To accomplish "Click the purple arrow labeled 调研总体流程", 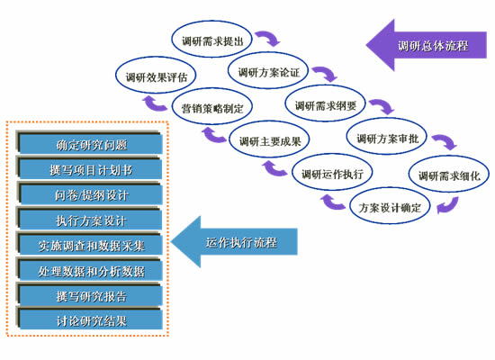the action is (x=427, y=45).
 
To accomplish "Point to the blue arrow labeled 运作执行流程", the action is (x=234, y=241).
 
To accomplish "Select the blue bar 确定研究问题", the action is (x=90, y=144).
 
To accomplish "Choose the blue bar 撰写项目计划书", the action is (x=90, y=169).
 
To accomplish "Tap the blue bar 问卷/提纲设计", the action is (x=90, y=194).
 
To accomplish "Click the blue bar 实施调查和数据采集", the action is (x=90, y=245).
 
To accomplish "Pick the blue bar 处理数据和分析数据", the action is (x=90, y=270).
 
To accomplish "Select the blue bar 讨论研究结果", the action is (x=90, y=320).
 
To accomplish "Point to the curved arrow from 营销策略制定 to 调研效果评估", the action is (x=152, y=104).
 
